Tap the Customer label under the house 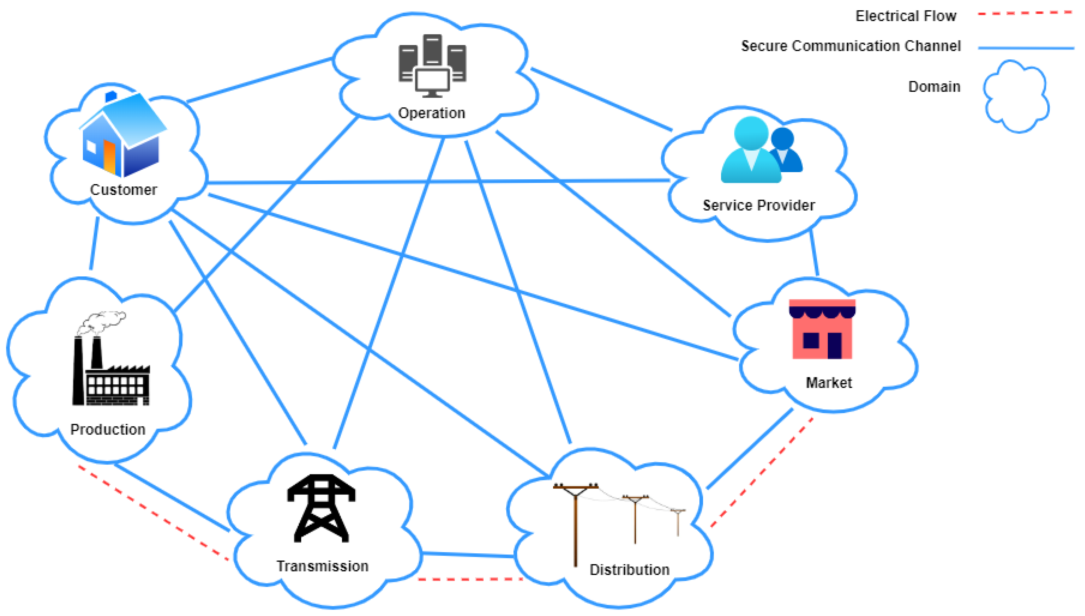(x=123, y=190)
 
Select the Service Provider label (x=759, y=205)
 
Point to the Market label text (x=828, y=383)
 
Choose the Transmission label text (x=322, y=566)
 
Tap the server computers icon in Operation (x=432, y=66)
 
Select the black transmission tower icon (x=321, y=508)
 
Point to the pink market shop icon (x=822, y=329)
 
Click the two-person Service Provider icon (x=760, y=150)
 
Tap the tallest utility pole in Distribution (x=575, y=525)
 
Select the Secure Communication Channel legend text (x=851, y=46)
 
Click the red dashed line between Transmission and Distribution (x=470, y=579)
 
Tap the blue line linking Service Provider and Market (x=814, y=253)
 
